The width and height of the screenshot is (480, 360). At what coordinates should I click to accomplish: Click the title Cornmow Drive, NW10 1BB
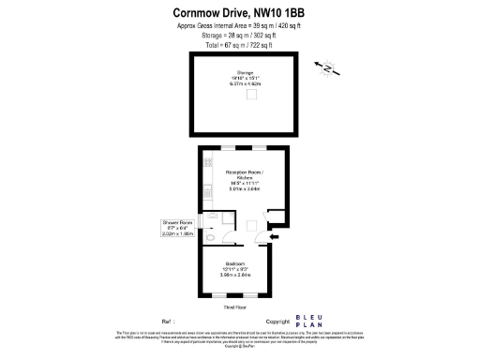(238, 12)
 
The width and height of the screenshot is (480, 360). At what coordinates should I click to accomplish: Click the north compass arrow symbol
(327, 67)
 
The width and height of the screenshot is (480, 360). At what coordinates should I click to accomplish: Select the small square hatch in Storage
(252, 94)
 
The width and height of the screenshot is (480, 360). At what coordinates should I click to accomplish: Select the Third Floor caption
(235, 307)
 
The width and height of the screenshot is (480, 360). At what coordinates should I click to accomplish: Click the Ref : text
(169, 321)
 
